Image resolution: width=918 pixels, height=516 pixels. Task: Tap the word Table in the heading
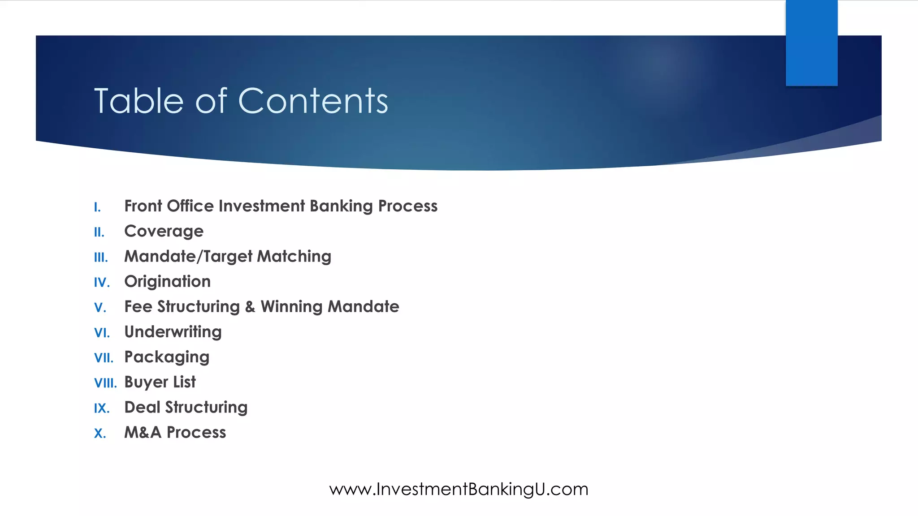point(139,101)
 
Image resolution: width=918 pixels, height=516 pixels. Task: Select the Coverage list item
point(164,231)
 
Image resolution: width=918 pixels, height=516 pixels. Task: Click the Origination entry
point(167,281)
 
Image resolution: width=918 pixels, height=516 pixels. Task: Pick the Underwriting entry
point(173,332)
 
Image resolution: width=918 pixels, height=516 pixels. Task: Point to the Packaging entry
point(167,357)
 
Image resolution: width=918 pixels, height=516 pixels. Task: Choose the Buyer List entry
point(160,382)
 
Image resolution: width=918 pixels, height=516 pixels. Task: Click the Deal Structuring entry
point(186,407)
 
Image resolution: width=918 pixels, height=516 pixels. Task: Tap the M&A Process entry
point(175,432)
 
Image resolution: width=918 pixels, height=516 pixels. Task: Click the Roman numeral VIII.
point(105,383)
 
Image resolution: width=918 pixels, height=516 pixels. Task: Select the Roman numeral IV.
point(102,283)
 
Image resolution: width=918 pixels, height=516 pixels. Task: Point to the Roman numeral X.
point(100,434)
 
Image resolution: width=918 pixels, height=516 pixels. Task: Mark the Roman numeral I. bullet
point(97,207)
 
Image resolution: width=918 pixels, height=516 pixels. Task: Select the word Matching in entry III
point(294,256)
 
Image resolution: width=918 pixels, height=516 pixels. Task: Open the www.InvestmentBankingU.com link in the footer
point(459,489)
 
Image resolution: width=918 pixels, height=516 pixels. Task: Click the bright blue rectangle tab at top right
point(811,43)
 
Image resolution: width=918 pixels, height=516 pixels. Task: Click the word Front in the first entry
point(143,206)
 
